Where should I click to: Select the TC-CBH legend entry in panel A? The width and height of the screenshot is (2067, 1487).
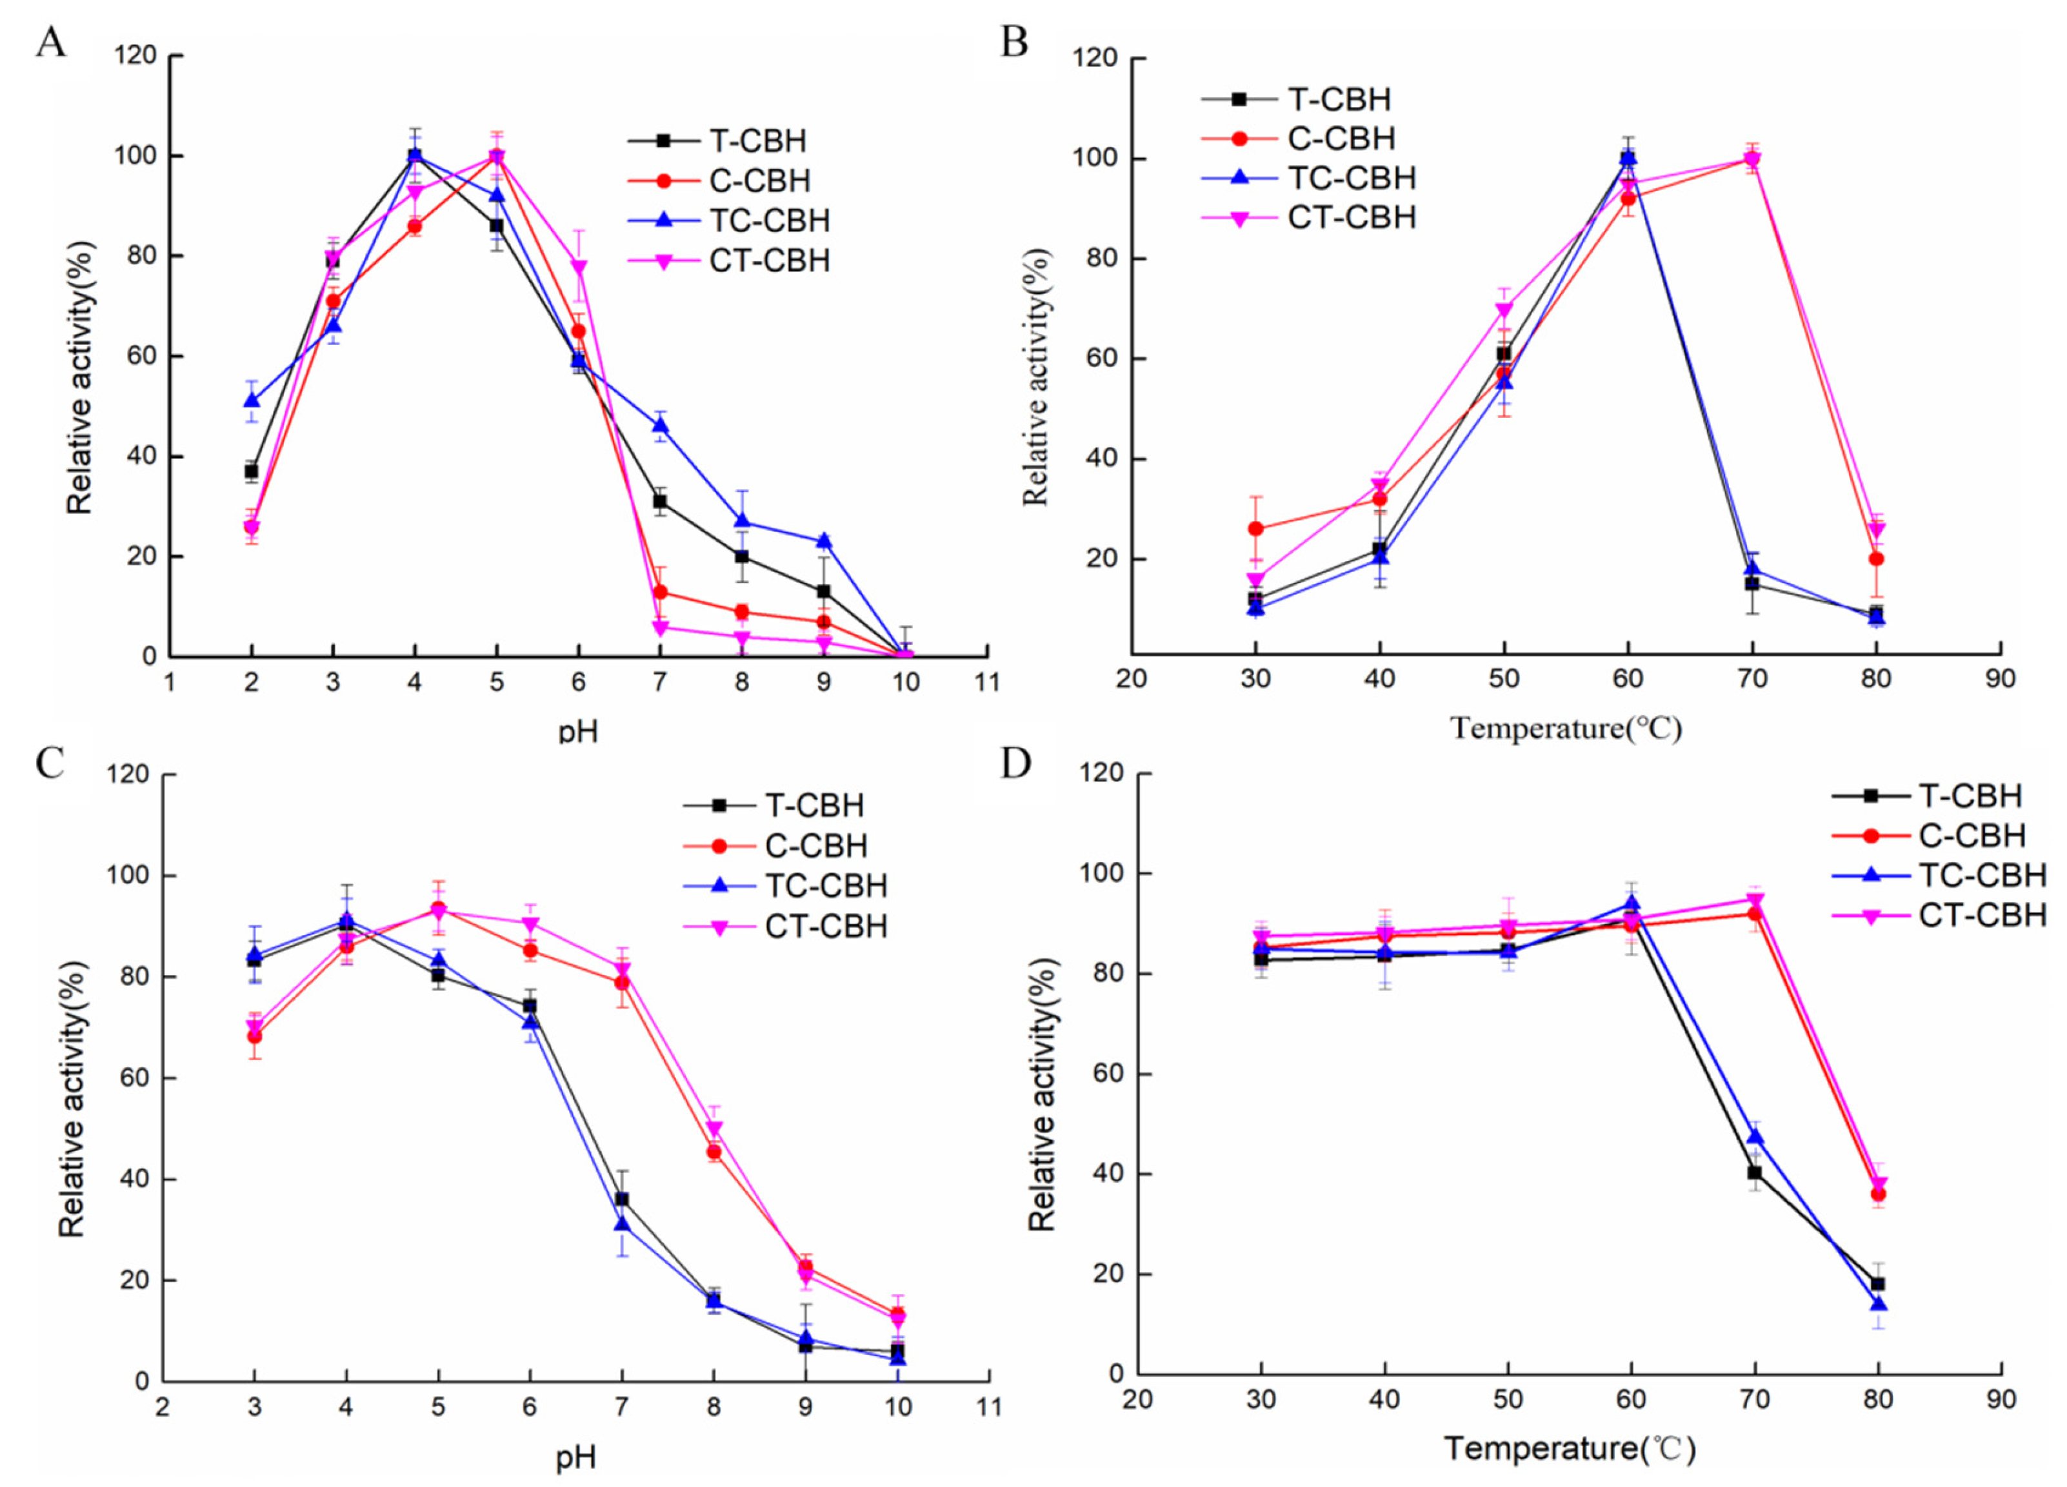click(729, 221)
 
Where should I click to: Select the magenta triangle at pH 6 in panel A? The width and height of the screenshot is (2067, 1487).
click(579, 268)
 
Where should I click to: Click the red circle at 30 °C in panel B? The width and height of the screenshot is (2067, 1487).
click(1256, 529)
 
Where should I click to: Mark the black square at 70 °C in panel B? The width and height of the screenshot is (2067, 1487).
click(1752, 583)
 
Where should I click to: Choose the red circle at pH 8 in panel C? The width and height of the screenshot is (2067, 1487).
click(714, 1152)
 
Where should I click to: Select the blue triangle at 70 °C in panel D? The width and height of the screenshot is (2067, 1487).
click(1753, 1136)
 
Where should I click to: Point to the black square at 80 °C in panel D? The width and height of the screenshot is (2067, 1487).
click(1877, 1284)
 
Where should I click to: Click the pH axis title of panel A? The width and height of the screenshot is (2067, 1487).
click(579, 731)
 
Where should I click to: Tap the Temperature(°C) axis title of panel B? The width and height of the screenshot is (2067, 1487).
click(1566, 729)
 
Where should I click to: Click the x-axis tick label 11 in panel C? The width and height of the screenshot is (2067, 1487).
click(987, 1408)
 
